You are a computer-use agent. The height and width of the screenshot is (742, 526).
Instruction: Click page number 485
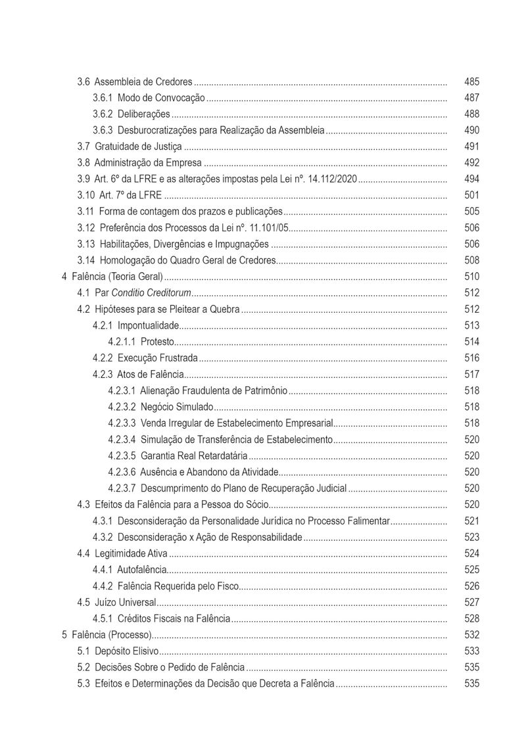[471, 82]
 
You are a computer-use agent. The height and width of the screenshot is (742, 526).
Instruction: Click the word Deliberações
[143, 114]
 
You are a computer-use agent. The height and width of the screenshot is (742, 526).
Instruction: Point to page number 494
[471, 179]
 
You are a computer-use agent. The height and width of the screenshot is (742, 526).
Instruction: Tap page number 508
[471, 260]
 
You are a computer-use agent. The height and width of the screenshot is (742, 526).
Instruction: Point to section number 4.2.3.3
[122, 423]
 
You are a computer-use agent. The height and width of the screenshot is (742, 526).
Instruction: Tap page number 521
[471, 521]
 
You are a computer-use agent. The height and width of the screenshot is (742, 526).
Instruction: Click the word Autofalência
[141, 569]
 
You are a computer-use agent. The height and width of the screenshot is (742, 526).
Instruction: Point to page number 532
[471, 635]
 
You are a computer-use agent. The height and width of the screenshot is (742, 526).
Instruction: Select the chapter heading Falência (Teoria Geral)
[116, 277]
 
